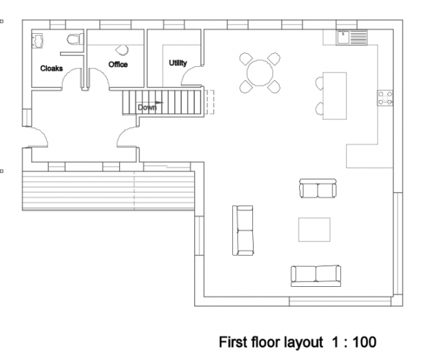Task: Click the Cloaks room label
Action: click(52, 68)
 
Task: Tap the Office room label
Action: click(118, 64)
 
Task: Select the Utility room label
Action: click(178, 63)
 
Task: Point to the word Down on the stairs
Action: click(147, 107)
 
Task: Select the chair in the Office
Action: click(122, 50)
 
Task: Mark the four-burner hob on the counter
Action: click(385, 99)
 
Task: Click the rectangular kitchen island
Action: click(336, 95)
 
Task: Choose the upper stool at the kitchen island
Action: click(319, 83)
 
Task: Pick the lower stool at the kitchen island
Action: click(319, 108)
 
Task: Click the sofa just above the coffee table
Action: click(318, 188)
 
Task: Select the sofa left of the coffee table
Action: click(244, 230)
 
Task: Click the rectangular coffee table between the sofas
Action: click(314, 230)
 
